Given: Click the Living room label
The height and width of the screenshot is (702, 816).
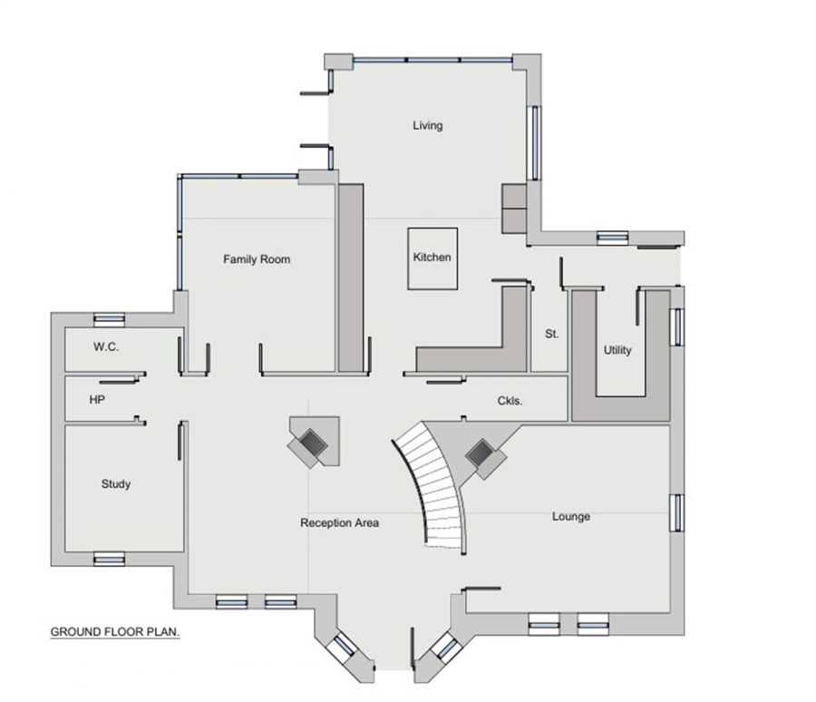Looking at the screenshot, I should pos(427,125).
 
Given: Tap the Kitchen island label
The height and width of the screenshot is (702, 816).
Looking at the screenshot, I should pos(432,258).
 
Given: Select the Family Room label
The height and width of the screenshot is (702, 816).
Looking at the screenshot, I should pos(257,259).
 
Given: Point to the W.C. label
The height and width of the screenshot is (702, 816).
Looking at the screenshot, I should pos(106,347).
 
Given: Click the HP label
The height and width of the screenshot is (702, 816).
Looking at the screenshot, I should pos(96,399).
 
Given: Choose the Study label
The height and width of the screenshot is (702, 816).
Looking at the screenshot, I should pos(115,484).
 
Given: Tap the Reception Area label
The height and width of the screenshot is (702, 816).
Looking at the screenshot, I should pos(339,523).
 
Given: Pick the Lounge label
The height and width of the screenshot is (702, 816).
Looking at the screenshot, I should pos(570,517).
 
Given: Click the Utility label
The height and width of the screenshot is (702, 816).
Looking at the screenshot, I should pos(617,350).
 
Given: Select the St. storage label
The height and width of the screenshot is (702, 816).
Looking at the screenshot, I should pos(551,334).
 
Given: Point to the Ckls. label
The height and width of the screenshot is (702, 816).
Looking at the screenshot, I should pos(510,400).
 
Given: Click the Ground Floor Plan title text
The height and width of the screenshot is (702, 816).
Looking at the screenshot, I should pos(114,631).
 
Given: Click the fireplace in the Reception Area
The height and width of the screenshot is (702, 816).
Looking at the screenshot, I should pos(314,442).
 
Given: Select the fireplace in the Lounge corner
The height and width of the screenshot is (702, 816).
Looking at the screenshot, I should pos(482,453).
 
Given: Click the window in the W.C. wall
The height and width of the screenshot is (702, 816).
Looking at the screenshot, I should pos(110,318).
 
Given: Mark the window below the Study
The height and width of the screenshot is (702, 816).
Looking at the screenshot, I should pos(108,559).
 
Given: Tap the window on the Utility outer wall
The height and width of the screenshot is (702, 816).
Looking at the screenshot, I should pos(675,327).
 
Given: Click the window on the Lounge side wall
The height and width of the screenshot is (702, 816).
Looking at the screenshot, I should pos(675,512).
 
